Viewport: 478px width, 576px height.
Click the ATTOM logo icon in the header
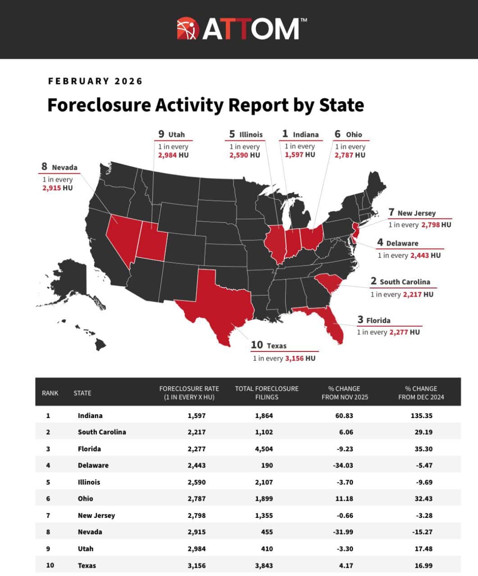pos(188,29)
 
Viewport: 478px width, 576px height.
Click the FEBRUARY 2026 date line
pos(95,81)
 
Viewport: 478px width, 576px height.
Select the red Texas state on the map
pos(216,306)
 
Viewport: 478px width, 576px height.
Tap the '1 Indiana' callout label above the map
pos(300,134)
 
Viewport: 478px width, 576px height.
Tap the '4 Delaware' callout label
pos(398,243)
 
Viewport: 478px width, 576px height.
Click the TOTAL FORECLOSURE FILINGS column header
pos(267,393)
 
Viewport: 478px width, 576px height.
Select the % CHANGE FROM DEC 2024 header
pos(421,393)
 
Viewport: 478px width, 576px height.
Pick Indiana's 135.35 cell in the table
pos(421,415)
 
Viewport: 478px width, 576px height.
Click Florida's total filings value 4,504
pos(264,449)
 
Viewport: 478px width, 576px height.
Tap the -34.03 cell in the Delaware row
pos(344,465)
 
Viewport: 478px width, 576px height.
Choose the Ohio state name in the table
pos(85,499)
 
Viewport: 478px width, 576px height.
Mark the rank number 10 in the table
pos(50,565)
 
